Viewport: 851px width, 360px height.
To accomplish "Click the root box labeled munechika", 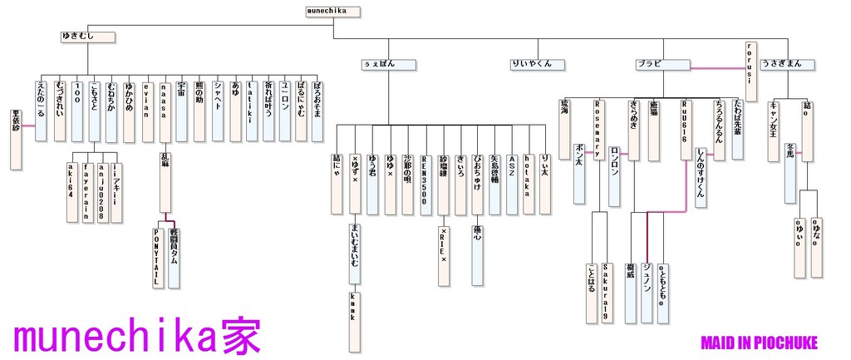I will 333,12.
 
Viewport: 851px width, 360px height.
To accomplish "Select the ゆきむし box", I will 86,37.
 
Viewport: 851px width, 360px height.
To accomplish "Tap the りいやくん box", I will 537,64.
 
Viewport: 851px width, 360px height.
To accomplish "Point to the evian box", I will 146,111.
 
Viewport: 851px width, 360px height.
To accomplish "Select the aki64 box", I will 72,191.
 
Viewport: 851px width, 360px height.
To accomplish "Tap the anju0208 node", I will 103,191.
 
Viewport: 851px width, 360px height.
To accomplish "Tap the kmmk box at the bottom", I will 354,321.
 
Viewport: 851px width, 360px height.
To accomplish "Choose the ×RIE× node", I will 444,247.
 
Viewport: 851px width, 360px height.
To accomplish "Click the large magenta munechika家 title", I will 137,337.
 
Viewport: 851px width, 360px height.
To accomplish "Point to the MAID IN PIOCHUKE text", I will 759,343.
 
